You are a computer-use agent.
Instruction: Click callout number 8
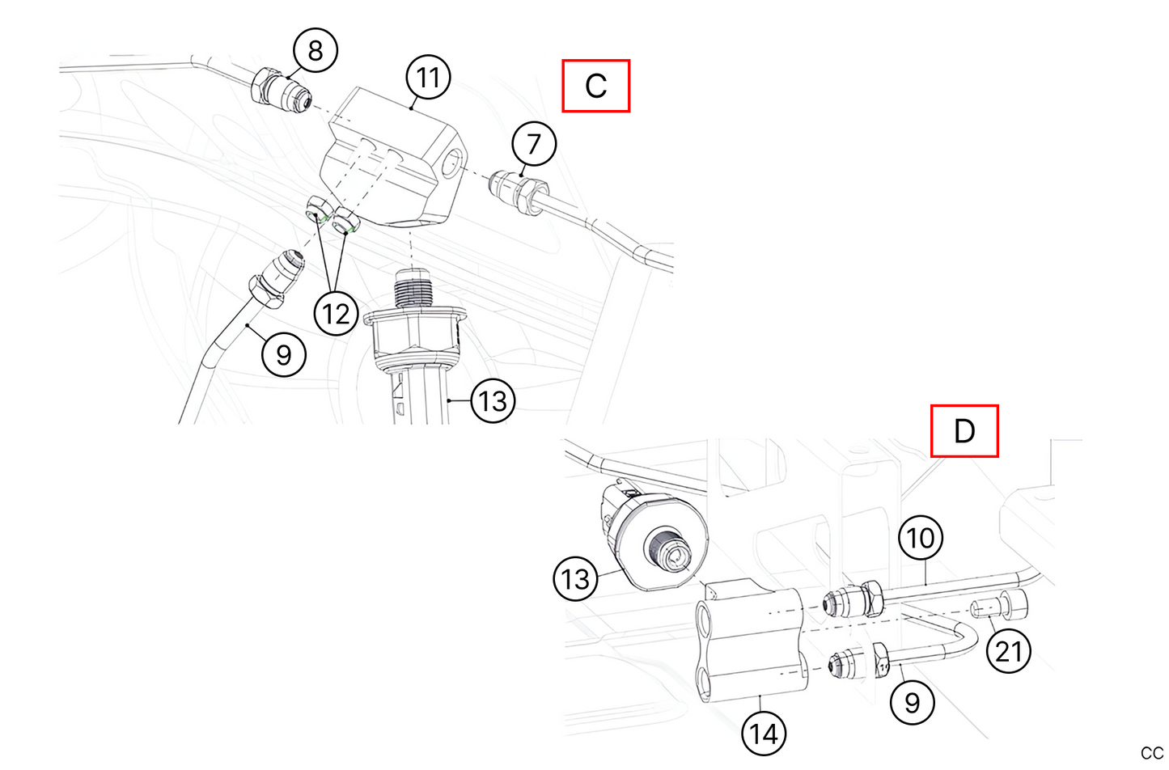(315, 50)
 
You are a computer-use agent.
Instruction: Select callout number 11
(428, 78)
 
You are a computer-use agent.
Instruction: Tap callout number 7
(534, 144)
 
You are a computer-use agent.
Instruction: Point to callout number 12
(336, 313)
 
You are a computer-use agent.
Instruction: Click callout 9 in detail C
(284, 354)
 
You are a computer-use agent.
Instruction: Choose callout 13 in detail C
(493, 400)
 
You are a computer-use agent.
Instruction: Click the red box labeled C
(596, 86)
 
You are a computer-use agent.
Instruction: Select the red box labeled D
(964, 431)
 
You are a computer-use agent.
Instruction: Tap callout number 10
(921, 538)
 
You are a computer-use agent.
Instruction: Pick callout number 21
(1009, 650)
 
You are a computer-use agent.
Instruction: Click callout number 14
(764, 733)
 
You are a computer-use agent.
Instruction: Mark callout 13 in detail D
(575, 579)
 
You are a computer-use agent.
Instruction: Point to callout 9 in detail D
(912, 702)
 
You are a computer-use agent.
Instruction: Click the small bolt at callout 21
(1002, 605)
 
